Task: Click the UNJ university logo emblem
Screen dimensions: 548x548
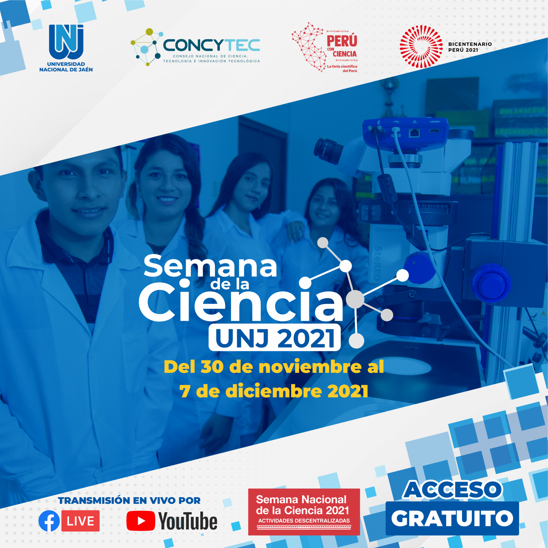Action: coord(66,42)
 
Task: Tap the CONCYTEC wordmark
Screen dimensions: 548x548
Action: coord(211,45)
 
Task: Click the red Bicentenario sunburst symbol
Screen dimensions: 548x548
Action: coord(421,47)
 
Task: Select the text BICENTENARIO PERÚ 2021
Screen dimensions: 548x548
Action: coord(470,47)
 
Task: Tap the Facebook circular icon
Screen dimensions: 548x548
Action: coord(49,521)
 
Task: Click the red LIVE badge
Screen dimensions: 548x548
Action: coord(80,521)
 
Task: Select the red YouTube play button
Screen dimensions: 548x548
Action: coord(141,521)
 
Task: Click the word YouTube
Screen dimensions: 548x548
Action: coord(188,521)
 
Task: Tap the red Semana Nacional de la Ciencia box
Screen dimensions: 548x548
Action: coord(304,512)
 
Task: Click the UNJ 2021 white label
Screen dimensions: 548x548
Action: coord(275,337)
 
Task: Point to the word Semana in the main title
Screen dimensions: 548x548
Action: coord(210,266)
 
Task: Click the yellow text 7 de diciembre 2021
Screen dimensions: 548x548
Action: coord(274,391)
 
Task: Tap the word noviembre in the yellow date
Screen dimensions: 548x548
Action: coord(310,366)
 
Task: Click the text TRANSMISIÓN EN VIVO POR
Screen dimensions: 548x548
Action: coord(129,500)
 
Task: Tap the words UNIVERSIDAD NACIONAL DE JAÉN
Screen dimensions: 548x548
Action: coord(66,67)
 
